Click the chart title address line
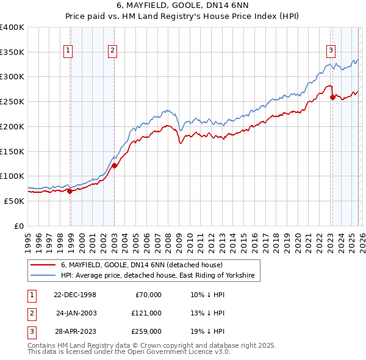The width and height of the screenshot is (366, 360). pos(182,5)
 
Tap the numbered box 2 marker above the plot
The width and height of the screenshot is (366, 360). pos(113,51)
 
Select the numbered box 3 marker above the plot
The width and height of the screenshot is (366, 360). pos(330,51)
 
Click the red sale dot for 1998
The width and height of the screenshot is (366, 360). pos(70,191)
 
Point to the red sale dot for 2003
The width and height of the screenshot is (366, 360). pos(114,165)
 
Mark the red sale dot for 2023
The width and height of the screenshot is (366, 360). pos(332,97)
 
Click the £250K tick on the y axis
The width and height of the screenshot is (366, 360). pos(12,102)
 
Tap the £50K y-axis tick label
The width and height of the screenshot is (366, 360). pos(13,201)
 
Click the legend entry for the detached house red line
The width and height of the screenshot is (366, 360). pos(142,265)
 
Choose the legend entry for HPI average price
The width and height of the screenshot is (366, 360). pos(156,276)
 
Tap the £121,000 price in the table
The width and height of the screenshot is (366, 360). pos(146,313)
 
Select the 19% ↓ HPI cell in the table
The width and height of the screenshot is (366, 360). pos(207,331)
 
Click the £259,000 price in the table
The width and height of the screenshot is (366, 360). pos(146,331)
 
